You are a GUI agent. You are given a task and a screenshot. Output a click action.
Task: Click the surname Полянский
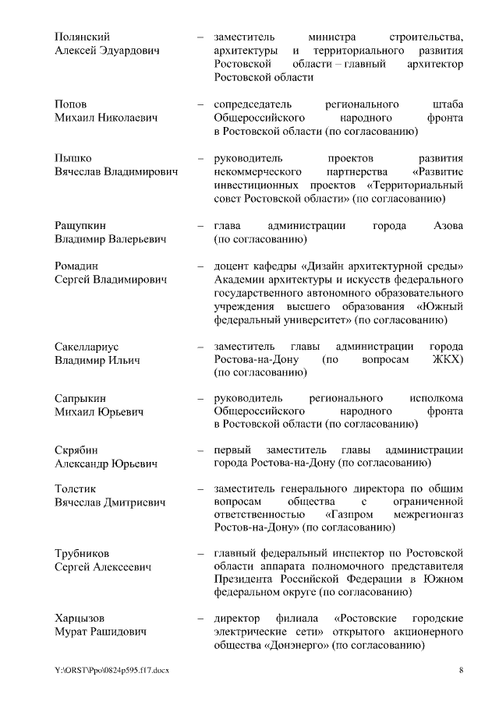tap(82, 37)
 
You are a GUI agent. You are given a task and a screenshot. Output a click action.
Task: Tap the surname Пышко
tap(73, 158)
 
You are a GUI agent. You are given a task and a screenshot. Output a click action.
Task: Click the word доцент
tap(234, 266)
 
